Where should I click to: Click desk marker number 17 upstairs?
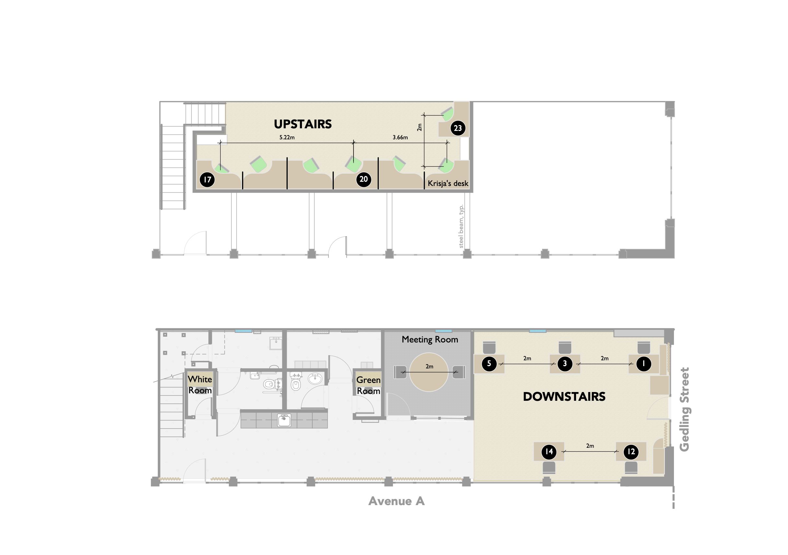[x=207, y=179]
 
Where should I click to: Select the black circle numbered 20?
[x=364, y=179]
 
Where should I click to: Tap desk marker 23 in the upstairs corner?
[x=458, y=128]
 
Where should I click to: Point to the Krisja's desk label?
[x=448, y=184]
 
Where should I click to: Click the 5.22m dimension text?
[x=287, y=137]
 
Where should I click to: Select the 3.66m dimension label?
[x=400, y=137]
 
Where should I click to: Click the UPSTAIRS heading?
[x=303, y=124]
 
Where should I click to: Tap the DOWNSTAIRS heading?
[x=564, y=397]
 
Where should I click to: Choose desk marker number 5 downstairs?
[x=489, y=364]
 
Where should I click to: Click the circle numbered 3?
[x=565, y=364]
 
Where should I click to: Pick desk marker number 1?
[x=643, y=364]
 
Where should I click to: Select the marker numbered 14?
[x=549, y=451]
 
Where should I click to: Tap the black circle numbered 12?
[x=631, y=451]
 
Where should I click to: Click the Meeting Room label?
[x=430, y=340]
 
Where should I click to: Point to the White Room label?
[x=200, y=385]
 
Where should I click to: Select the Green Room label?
[x=368, y=386]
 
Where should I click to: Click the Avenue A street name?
[x=396, y=501]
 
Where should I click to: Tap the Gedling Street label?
[x=684, y=410]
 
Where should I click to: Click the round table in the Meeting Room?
[x=429, y=372]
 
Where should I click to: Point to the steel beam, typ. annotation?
[x=461, y=226]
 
